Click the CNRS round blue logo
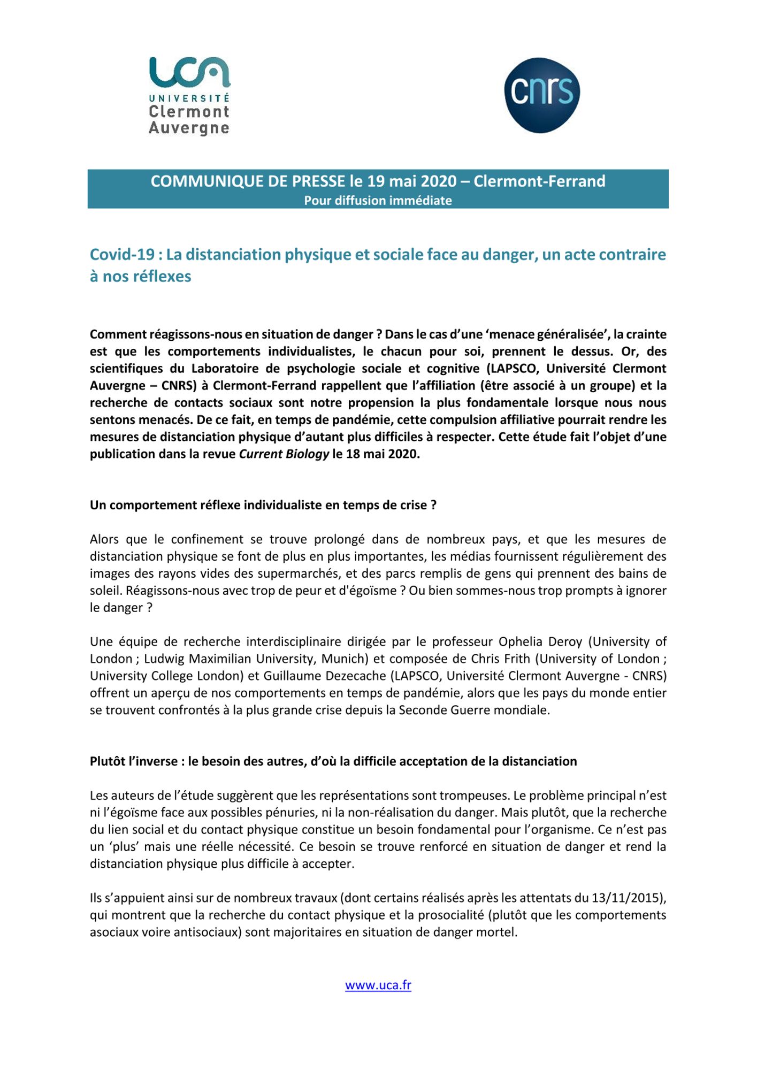click(x=541, y=95)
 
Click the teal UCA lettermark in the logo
click(x=189, y=72)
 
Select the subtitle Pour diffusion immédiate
click(x=378, y=201)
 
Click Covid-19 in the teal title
click(x=122, y=254)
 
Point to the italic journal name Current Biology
click(x=284, y=454)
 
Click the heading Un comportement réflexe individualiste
click(x=263, y=505)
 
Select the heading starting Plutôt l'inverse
click(x=333, y=761)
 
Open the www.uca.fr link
click(x=378, y=985)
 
